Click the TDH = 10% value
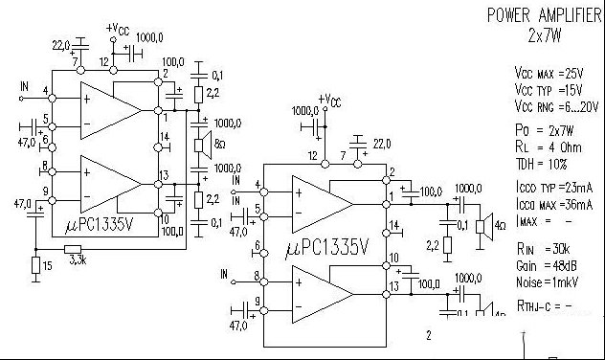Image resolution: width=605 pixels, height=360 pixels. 543,163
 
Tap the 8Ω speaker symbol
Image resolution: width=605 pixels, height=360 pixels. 204,145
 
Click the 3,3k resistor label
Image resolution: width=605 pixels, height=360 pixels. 78,259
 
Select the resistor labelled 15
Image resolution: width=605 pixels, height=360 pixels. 36,265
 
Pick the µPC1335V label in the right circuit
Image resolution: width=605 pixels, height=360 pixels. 327,248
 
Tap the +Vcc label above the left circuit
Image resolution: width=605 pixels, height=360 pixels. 117,29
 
